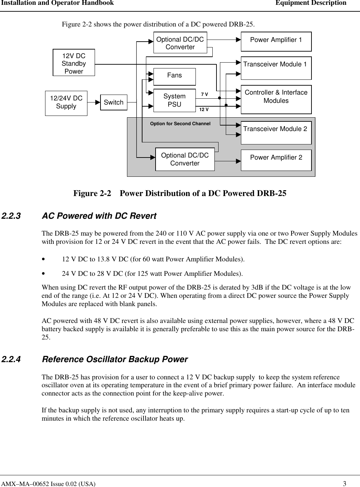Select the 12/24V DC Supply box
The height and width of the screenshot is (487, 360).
point(66,103)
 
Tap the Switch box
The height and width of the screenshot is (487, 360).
point(114,102)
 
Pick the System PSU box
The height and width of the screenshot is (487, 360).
point(174,100)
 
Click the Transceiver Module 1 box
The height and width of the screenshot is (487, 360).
point(276,68)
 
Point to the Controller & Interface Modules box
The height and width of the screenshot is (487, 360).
point(276,99)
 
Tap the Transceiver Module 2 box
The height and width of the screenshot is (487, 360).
point(276,132)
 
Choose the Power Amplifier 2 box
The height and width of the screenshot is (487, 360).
point(276,160)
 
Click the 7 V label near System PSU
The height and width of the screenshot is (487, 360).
point(204,94)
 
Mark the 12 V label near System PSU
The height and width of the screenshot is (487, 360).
point(204,109)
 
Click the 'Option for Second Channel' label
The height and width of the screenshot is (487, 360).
point(180,123)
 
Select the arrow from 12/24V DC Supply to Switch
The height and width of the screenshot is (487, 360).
point(94,102)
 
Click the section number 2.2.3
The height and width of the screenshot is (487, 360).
point(11,216)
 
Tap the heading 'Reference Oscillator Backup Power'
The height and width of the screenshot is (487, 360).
point(114,359)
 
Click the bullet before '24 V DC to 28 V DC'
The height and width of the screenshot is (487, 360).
point(43,274)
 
